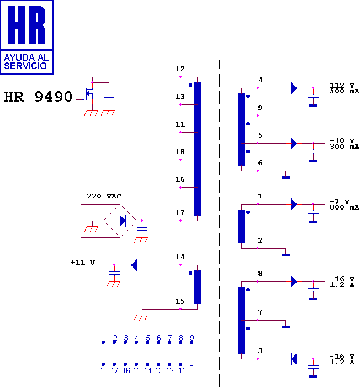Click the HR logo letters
point(27,25)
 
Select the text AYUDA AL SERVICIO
point(26,62)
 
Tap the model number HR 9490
point(38,97)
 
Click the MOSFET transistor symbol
point(88,94)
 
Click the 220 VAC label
point(104,196)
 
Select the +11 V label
point(83,263)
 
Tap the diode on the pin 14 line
point(134,265)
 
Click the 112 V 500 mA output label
point(345,88)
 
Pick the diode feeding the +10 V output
point(294,143)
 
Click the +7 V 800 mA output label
point(345,205)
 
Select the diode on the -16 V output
point(294,359)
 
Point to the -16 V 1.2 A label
point(342,359)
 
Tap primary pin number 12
point(180,69)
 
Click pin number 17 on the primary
point(180,212)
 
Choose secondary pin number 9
point(260,108)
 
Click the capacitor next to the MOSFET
point(109,96)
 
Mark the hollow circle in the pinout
point(192,364)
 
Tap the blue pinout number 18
point(104,370)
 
